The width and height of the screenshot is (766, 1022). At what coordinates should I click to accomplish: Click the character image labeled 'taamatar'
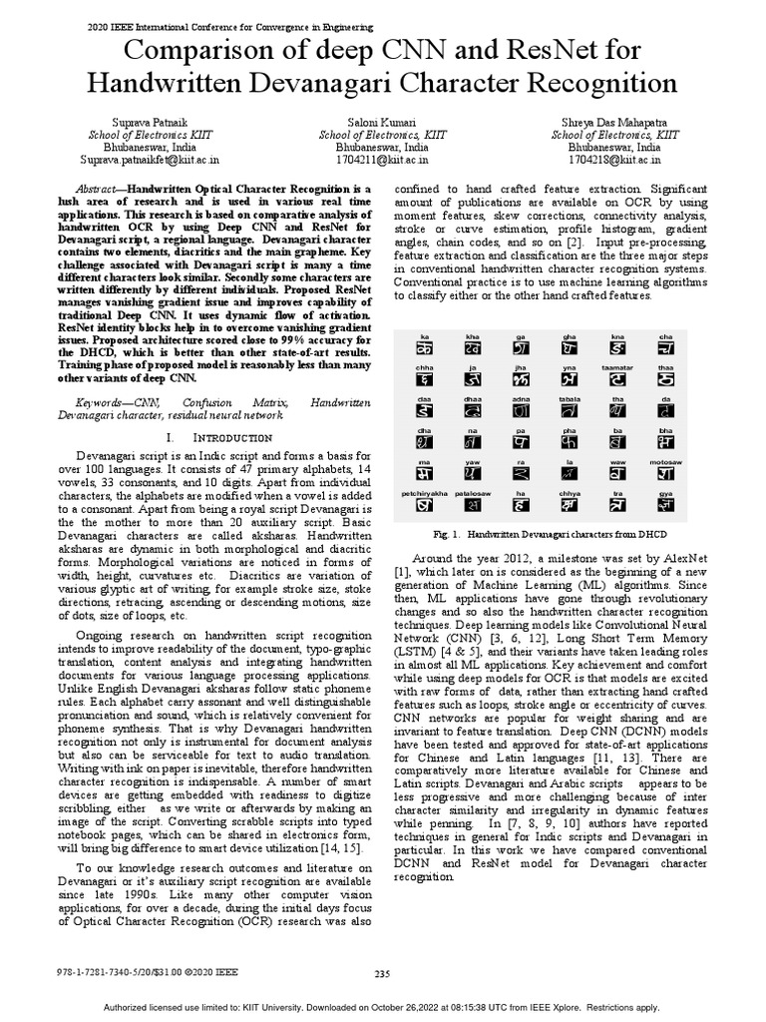[618, 380]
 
